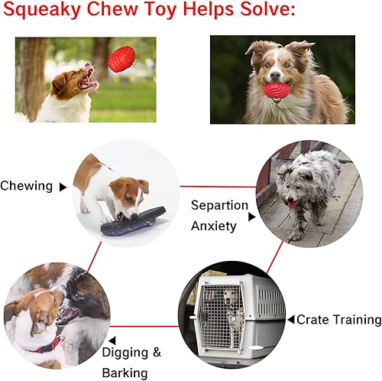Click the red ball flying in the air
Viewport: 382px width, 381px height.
121,59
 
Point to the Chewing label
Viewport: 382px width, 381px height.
27,186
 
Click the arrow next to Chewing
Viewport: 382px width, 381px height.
63,187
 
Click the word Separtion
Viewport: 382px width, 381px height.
219,206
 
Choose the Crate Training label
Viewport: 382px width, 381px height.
338,320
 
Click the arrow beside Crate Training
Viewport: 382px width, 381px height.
290,319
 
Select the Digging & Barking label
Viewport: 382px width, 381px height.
131,363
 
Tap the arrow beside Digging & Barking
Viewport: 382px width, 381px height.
112,339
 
